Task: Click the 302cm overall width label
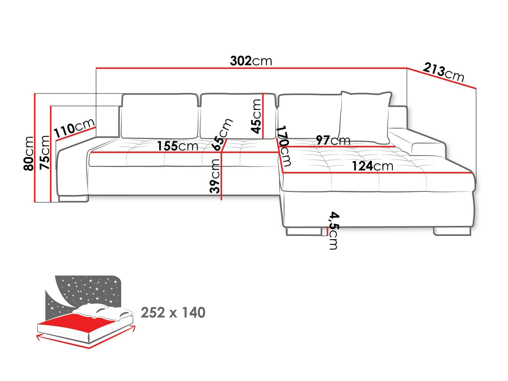coord(251,61)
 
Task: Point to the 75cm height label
coord(45,152)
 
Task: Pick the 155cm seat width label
coord(177,146)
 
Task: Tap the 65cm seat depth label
coord(223,134)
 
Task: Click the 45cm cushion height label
coord(256,116)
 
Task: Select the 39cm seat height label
coord(215,176)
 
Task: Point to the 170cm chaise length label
coord(284,146)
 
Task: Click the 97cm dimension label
coord(333,140)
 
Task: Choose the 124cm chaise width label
coord(372,166)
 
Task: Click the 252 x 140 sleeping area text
coord(173,312)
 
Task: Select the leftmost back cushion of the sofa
coord(159,116)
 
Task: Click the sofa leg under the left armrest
coord(73,199)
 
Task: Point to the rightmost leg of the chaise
coord(452,231)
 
